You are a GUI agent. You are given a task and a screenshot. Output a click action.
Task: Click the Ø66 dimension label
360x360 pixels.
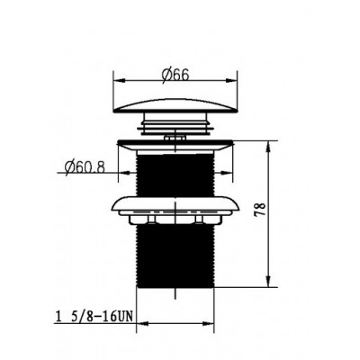click(x=175, y=75)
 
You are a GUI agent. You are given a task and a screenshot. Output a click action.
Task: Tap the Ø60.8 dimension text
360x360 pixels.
click(x=85, y=166)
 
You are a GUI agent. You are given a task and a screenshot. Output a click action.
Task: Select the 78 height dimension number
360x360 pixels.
click(x=260, y=210)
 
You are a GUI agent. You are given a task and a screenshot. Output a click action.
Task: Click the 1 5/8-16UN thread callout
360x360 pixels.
click(x=94, y=317)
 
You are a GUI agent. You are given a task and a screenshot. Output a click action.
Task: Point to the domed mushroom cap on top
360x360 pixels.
click(x=175, y=106)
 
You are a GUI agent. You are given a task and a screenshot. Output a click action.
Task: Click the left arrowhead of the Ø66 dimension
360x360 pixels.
click(x=119, y=80)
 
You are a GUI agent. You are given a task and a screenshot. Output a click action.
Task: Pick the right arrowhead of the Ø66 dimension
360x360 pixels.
click(x=232, y=80)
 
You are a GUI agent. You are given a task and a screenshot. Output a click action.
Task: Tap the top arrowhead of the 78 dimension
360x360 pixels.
click(x=269, y=146)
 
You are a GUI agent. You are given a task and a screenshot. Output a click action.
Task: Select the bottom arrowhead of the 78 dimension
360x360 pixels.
click(x=269, y=282)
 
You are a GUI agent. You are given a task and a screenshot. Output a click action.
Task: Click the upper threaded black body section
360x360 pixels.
click(x=175, y=175)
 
